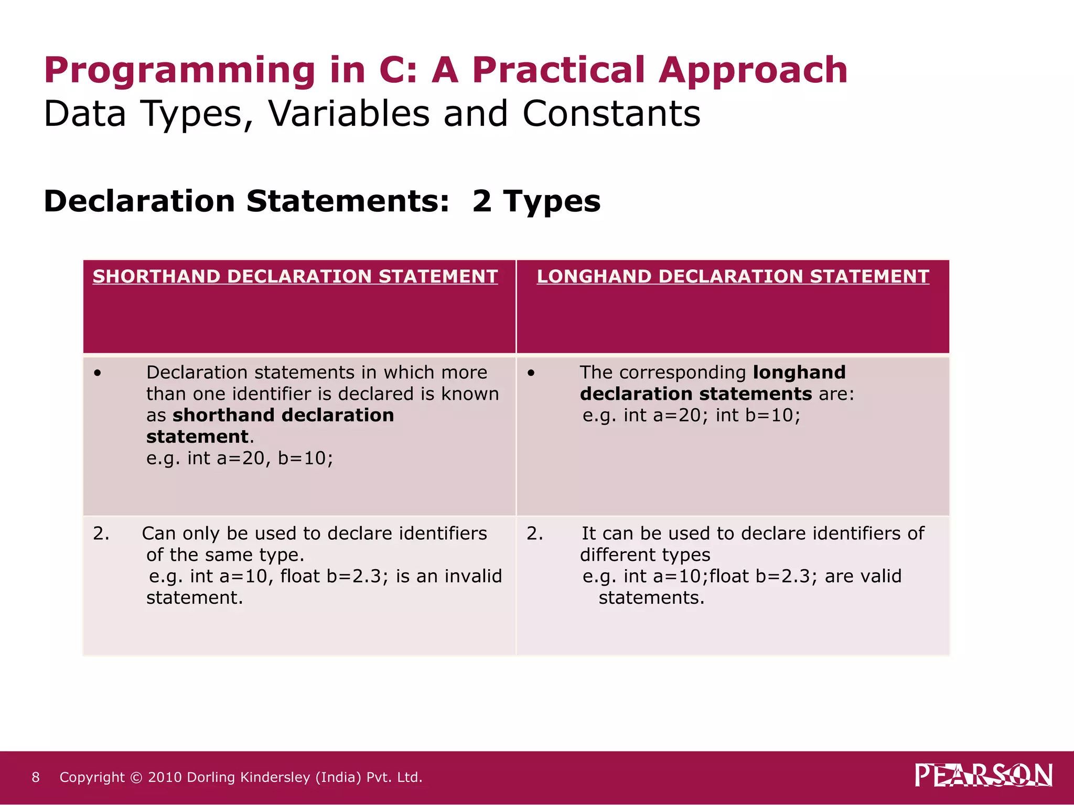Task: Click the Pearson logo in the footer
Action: [983, 775]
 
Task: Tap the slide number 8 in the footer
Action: [36, 777]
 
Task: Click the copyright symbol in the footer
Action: [136, 777]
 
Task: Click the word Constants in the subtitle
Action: [611, 114]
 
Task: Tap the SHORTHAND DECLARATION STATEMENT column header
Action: [295, 276]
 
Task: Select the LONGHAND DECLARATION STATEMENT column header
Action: [733, 276]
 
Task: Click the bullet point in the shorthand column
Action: [98, 373]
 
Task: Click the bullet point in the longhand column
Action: [531, 373]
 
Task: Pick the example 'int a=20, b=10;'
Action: [260, 459]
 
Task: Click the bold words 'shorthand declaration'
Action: [283, 416]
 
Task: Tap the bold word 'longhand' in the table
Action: [799, 373]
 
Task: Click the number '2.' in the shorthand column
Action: [101, 534]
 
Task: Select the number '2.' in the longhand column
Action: [535, 534]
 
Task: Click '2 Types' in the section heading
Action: [536, 202]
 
